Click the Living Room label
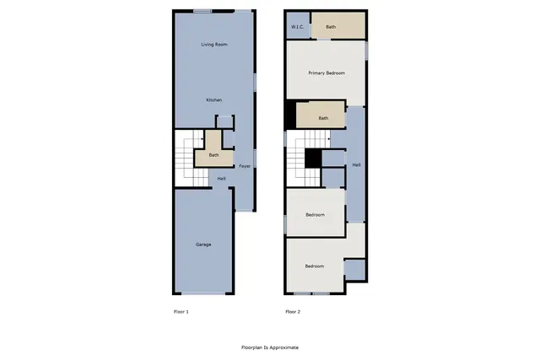click(x=214, y=44)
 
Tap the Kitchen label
click(x=214, y=100)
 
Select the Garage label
click(x=203, y=244)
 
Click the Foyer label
click(x=245, y=166)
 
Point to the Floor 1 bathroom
click(x=213, y=154)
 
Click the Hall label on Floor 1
click(x=221, y=179)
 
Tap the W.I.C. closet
click(x=297, y=27)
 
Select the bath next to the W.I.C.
click(x=331, y=27)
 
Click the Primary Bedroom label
click(x=326, y=73)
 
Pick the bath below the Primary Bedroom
click(x=322, y=118)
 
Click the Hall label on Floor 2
click(x=356, y=164)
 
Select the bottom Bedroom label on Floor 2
click(x=314, y=266)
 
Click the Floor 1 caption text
click(x=181, y=312)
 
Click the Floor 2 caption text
click(x=293, y=312)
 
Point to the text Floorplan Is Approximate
click(x=270, y=347)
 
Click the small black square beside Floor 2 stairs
click(x=313, y=157)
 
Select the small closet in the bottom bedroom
click(x=354, y=270)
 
